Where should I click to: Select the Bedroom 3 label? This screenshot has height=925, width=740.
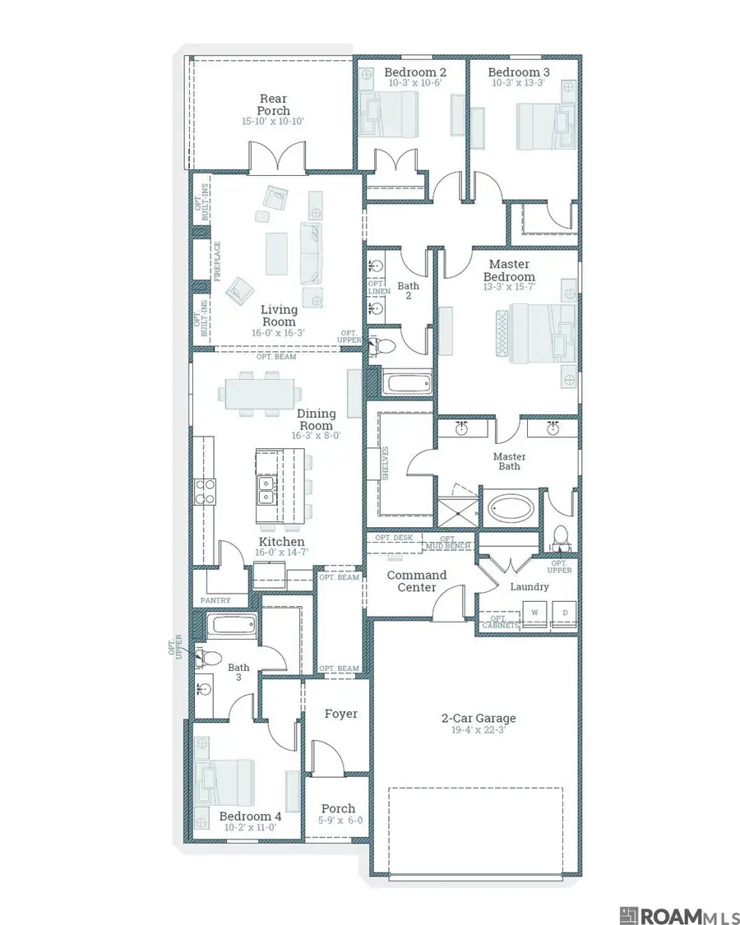pos(519,72)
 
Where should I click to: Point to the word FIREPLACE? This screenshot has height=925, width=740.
pos(218,261)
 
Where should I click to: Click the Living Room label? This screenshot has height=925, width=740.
pos(279,316)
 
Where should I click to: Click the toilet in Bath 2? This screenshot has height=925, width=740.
pos(380,345)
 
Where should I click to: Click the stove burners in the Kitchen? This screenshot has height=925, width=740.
pos(205,491)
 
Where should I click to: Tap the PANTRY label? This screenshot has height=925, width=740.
pos(215,600)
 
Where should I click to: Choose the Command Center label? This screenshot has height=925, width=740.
pos(417,580)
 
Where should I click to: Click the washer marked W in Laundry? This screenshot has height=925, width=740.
pos(534,613)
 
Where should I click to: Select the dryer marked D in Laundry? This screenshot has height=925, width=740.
pos(565,613)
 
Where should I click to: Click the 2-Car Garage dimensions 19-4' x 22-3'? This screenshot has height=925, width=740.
pos(478,730)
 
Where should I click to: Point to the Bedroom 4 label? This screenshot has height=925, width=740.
pos(250,816)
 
